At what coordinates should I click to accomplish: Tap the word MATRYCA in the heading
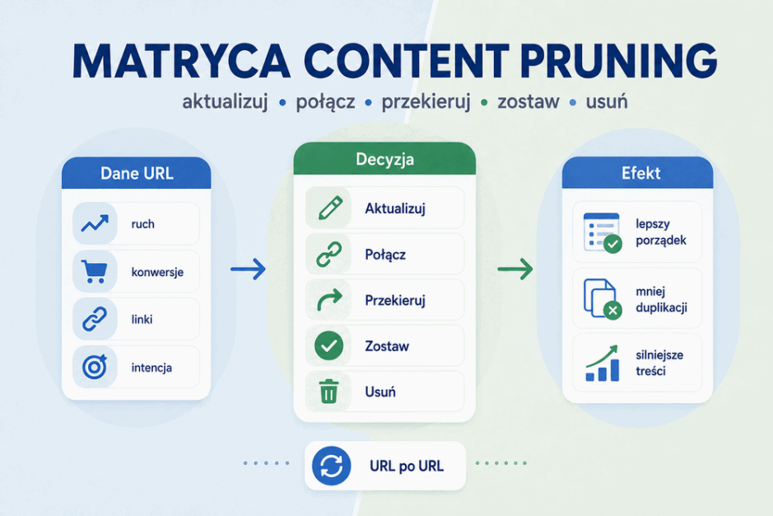click(181, 61)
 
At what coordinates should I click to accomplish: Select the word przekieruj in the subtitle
click(426, 101)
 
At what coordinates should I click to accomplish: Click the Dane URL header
click(137, 173)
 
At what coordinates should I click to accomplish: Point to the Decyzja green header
click(384, 159)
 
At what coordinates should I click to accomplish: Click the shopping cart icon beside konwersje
click(94, 271)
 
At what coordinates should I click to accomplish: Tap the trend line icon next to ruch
click(95, 223)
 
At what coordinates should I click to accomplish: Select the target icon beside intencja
click(95, 367)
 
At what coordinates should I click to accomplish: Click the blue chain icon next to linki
click(95, 319)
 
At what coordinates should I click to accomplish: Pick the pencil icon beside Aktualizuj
click(330, 208)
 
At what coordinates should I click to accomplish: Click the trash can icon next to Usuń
click(328, 392)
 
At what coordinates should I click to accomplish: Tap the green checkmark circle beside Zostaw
click(328, 345)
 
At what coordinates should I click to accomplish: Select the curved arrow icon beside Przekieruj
click(329, 300)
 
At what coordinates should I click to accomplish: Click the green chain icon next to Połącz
click(328, 255)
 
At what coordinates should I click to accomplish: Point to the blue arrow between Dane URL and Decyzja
click(248, 269)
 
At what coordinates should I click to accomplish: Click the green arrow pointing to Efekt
click(515, 269)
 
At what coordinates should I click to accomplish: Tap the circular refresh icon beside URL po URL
click(331, 466)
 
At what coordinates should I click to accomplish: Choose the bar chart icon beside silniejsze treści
click(602, 364)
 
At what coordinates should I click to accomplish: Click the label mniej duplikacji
click(661, 299)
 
